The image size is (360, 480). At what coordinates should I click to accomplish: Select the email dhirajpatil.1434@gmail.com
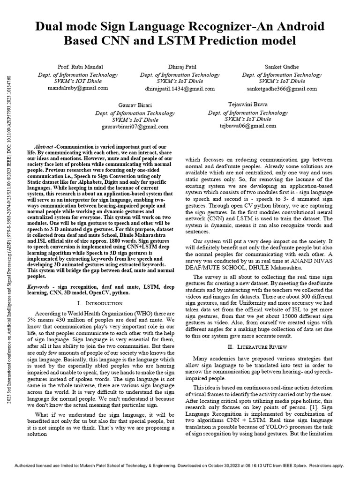coord(180,88)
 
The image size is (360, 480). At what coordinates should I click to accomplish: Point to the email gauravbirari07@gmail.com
coord(128,127)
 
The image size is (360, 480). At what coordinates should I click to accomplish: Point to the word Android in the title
coord(288,26)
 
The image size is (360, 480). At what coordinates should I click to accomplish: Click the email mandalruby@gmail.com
coord(77,88)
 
